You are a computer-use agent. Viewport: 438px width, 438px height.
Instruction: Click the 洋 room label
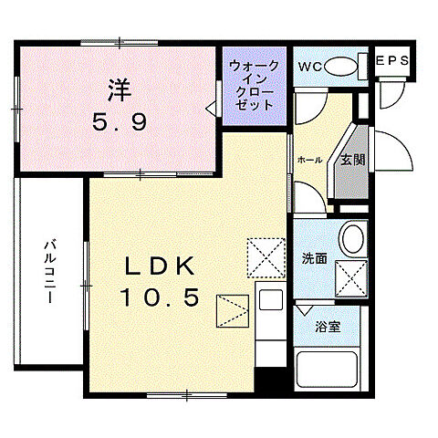coord(118,91)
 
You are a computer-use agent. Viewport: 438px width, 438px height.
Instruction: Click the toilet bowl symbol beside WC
coord(342,66)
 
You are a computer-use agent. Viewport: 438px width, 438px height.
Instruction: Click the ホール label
coord(309,161)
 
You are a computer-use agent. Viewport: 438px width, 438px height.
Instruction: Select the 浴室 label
coord(328,326)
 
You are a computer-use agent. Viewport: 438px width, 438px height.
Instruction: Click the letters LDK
coord(160,266)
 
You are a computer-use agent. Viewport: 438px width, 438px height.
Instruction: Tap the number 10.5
coord(160,297)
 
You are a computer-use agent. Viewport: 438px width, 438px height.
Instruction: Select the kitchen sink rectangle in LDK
coord(271,300)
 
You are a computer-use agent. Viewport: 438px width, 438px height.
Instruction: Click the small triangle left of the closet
coord(211,109)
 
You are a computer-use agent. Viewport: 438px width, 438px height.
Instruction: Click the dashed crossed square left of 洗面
coord(266,256)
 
